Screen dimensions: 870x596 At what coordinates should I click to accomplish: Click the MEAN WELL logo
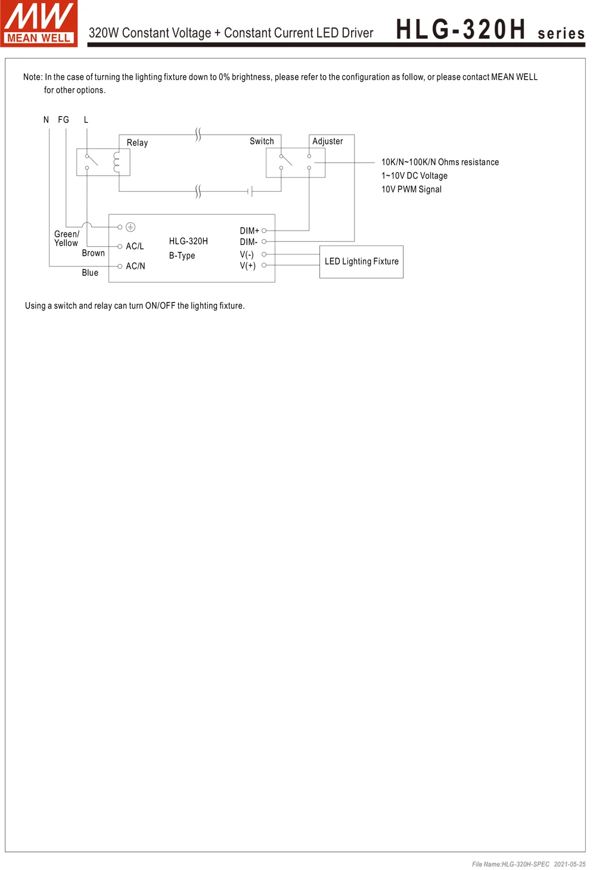(39, 23)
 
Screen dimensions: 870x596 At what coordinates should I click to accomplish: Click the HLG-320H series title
(490, 30)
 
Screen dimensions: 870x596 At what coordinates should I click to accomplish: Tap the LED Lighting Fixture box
(361, 262)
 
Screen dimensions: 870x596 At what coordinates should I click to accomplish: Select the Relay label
(137, 143)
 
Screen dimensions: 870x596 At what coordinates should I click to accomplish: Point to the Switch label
(262, 141)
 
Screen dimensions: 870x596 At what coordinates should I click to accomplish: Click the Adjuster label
(327, 141)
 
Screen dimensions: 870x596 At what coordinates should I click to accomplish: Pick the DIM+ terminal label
(249, 231)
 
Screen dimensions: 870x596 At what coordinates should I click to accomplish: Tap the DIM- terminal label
(249, 242)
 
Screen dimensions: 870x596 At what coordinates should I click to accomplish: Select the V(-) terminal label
(247, 254)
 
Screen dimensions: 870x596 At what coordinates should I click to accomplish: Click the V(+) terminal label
(247, 266)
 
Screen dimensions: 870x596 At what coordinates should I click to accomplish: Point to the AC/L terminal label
(135, 246)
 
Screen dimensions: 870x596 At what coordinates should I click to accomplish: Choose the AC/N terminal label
(135, 266)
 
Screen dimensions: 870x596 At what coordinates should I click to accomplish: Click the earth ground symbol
(131, 227)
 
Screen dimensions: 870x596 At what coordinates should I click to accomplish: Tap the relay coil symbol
(117, 161)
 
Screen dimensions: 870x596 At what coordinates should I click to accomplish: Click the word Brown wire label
(93, 253)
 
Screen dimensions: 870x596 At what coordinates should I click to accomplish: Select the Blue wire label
(90, 273)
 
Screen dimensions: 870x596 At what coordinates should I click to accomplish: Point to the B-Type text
(182, 256)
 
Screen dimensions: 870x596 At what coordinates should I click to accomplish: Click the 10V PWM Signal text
(411, 189)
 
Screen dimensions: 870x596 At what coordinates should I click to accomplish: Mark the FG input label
(63, 120)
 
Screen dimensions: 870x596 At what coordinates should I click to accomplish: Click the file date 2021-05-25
(569, 864)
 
